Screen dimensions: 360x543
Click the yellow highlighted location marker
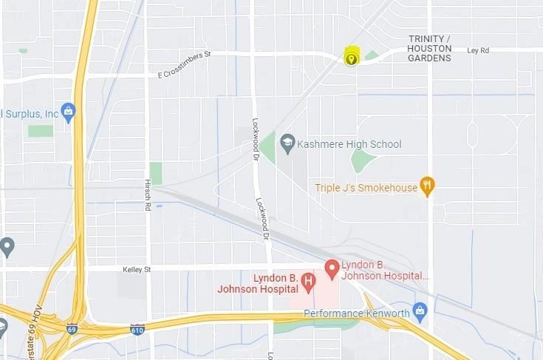pos(351,57)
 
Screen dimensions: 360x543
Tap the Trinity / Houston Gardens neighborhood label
pos(429,48)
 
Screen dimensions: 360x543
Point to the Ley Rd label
pos(478,50)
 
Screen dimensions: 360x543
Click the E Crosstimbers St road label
pos(184,64)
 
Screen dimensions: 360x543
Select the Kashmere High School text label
pos(349,144)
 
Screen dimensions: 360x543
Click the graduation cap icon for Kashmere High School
pos(287,143)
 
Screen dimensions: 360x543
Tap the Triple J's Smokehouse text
pos(366,188)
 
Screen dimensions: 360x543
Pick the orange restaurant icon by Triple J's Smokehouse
pos(426,186)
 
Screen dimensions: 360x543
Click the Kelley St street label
pos(137,270)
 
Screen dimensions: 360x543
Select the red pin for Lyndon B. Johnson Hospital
pos(332,268)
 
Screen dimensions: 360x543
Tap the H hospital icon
pos(308,282)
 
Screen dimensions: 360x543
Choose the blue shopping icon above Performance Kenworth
pos(420,308)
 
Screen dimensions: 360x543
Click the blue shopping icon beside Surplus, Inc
pos(69,112)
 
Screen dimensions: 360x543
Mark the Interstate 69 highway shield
pos(72,328)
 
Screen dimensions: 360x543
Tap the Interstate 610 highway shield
pos(137,327)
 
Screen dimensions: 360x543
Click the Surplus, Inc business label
pos(30,114)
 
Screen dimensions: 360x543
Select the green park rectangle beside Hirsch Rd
pos(155,173)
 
